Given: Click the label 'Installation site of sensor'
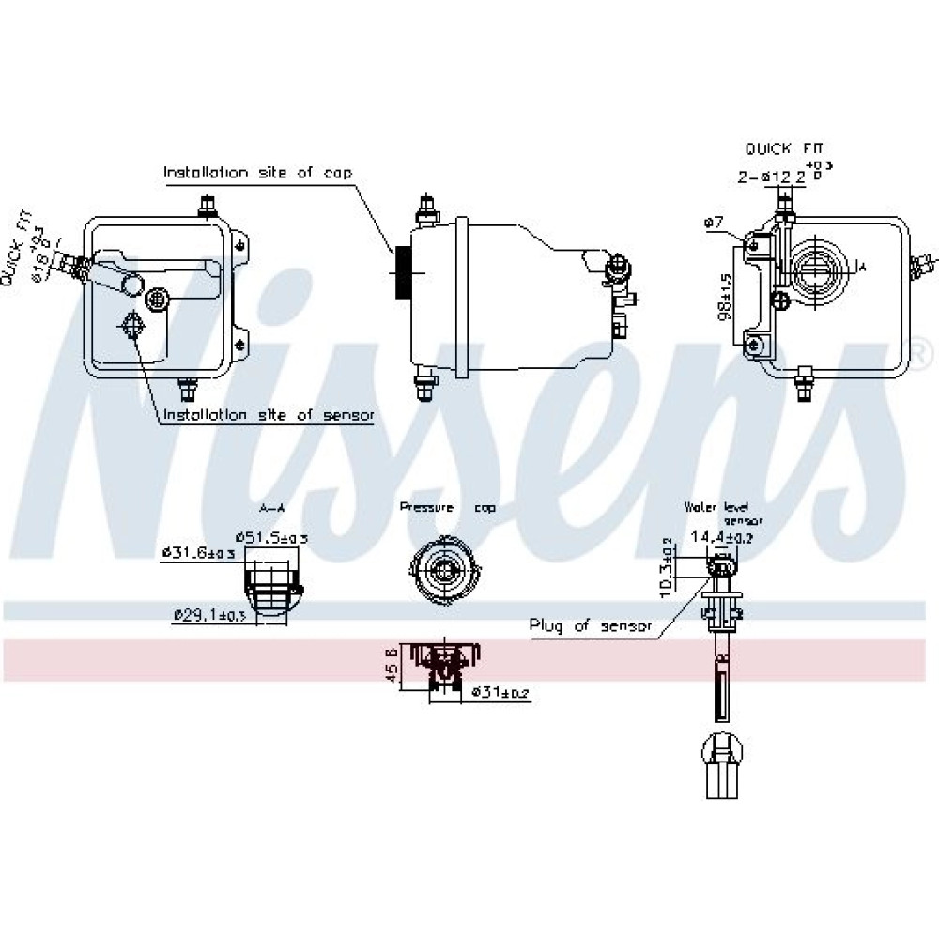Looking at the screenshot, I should (269, 415).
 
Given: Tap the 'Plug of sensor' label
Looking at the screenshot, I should (590, 625).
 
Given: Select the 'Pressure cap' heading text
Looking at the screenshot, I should (448, 507).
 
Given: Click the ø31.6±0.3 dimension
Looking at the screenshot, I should (199, 554).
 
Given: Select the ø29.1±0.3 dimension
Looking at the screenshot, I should (209, 615).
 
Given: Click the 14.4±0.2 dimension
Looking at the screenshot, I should (721, 538).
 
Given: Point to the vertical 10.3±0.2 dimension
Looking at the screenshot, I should (666, 566).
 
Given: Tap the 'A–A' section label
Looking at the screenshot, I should (271, 508).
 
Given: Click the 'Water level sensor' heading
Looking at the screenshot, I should (723, 513).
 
